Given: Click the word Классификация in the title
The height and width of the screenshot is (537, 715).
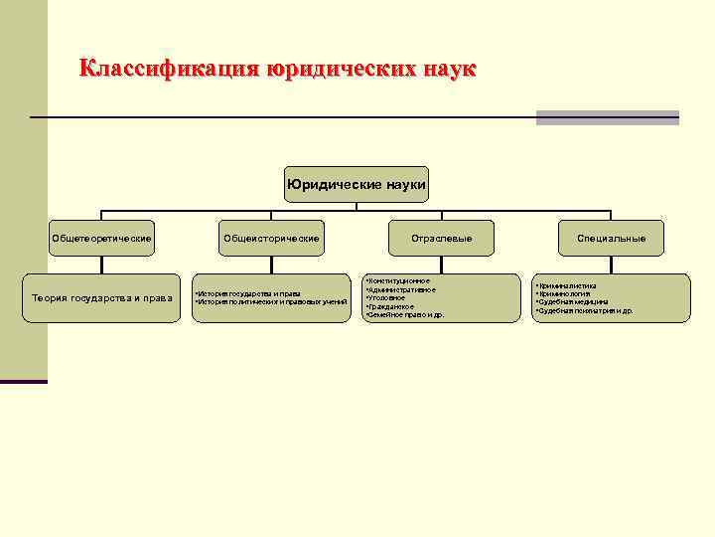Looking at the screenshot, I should click(168, 70).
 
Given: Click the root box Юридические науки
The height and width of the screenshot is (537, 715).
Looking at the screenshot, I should click(357, 184).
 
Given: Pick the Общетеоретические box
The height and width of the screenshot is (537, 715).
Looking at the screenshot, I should click(102, 239).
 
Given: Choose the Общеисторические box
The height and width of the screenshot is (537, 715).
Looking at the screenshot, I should click(271, 239).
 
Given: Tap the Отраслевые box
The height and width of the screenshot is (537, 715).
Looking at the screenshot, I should click(442, 239).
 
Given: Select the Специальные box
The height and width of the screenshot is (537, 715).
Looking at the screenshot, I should click(612, 239).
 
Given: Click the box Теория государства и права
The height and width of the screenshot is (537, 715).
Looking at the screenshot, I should click(102, 297).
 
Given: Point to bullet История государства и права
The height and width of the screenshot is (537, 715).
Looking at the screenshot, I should click(249, 293).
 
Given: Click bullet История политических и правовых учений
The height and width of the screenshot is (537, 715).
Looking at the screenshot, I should click(271, 301).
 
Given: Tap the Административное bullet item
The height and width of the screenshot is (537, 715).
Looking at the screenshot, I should click(401, 289).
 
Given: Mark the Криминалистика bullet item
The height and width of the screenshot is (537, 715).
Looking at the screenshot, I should click(567, 285).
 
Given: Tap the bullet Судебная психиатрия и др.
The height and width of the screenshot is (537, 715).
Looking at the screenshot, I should click(586, 311).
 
